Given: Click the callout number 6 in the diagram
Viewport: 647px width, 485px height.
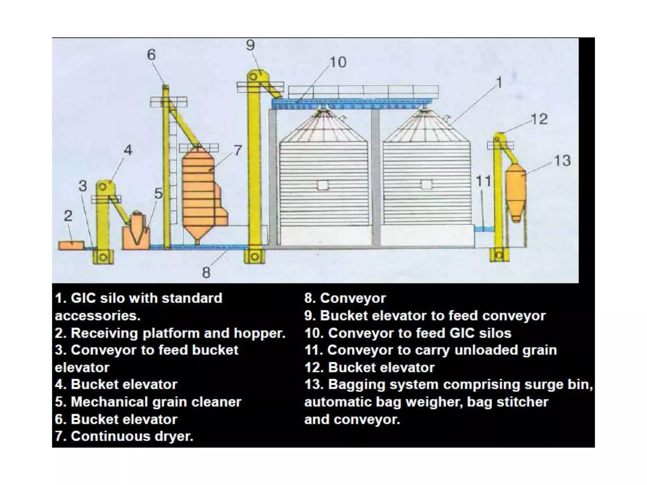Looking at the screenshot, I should pyautogui.click(x=151, y=55).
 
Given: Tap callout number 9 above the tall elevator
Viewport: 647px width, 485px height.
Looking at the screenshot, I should pyautogui.click(x=250, y=45).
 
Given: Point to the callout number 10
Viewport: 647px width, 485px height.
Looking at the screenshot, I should pyautogui.click(x=338, y=62).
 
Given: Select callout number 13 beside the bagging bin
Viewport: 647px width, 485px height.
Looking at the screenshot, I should pyautogui.click(x=562, y=161).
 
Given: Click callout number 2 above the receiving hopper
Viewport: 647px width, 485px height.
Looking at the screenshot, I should pyautogui.click(x=68, y=216).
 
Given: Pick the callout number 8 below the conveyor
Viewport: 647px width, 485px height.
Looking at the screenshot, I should pyautogui.click(x=206, y=272).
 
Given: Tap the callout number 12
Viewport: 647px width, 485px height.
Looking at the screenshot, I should pyautogui.click(x=539, y=119).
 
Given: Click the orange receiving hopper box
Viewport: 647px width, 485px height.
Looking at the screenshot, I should pyautogui.click(x=71, y=245).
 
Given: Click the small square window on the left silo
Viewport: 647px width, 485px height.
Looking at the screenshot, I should pyautogui.click(x=323, y=185).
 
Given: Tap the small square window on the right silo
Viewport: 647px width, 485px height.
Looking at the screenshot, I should pyautogui.click(x=426, y=184).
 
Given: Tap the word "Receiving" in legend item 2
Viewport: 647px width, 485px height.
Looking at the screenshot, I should pyautogui.click(x=104, y=333).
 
